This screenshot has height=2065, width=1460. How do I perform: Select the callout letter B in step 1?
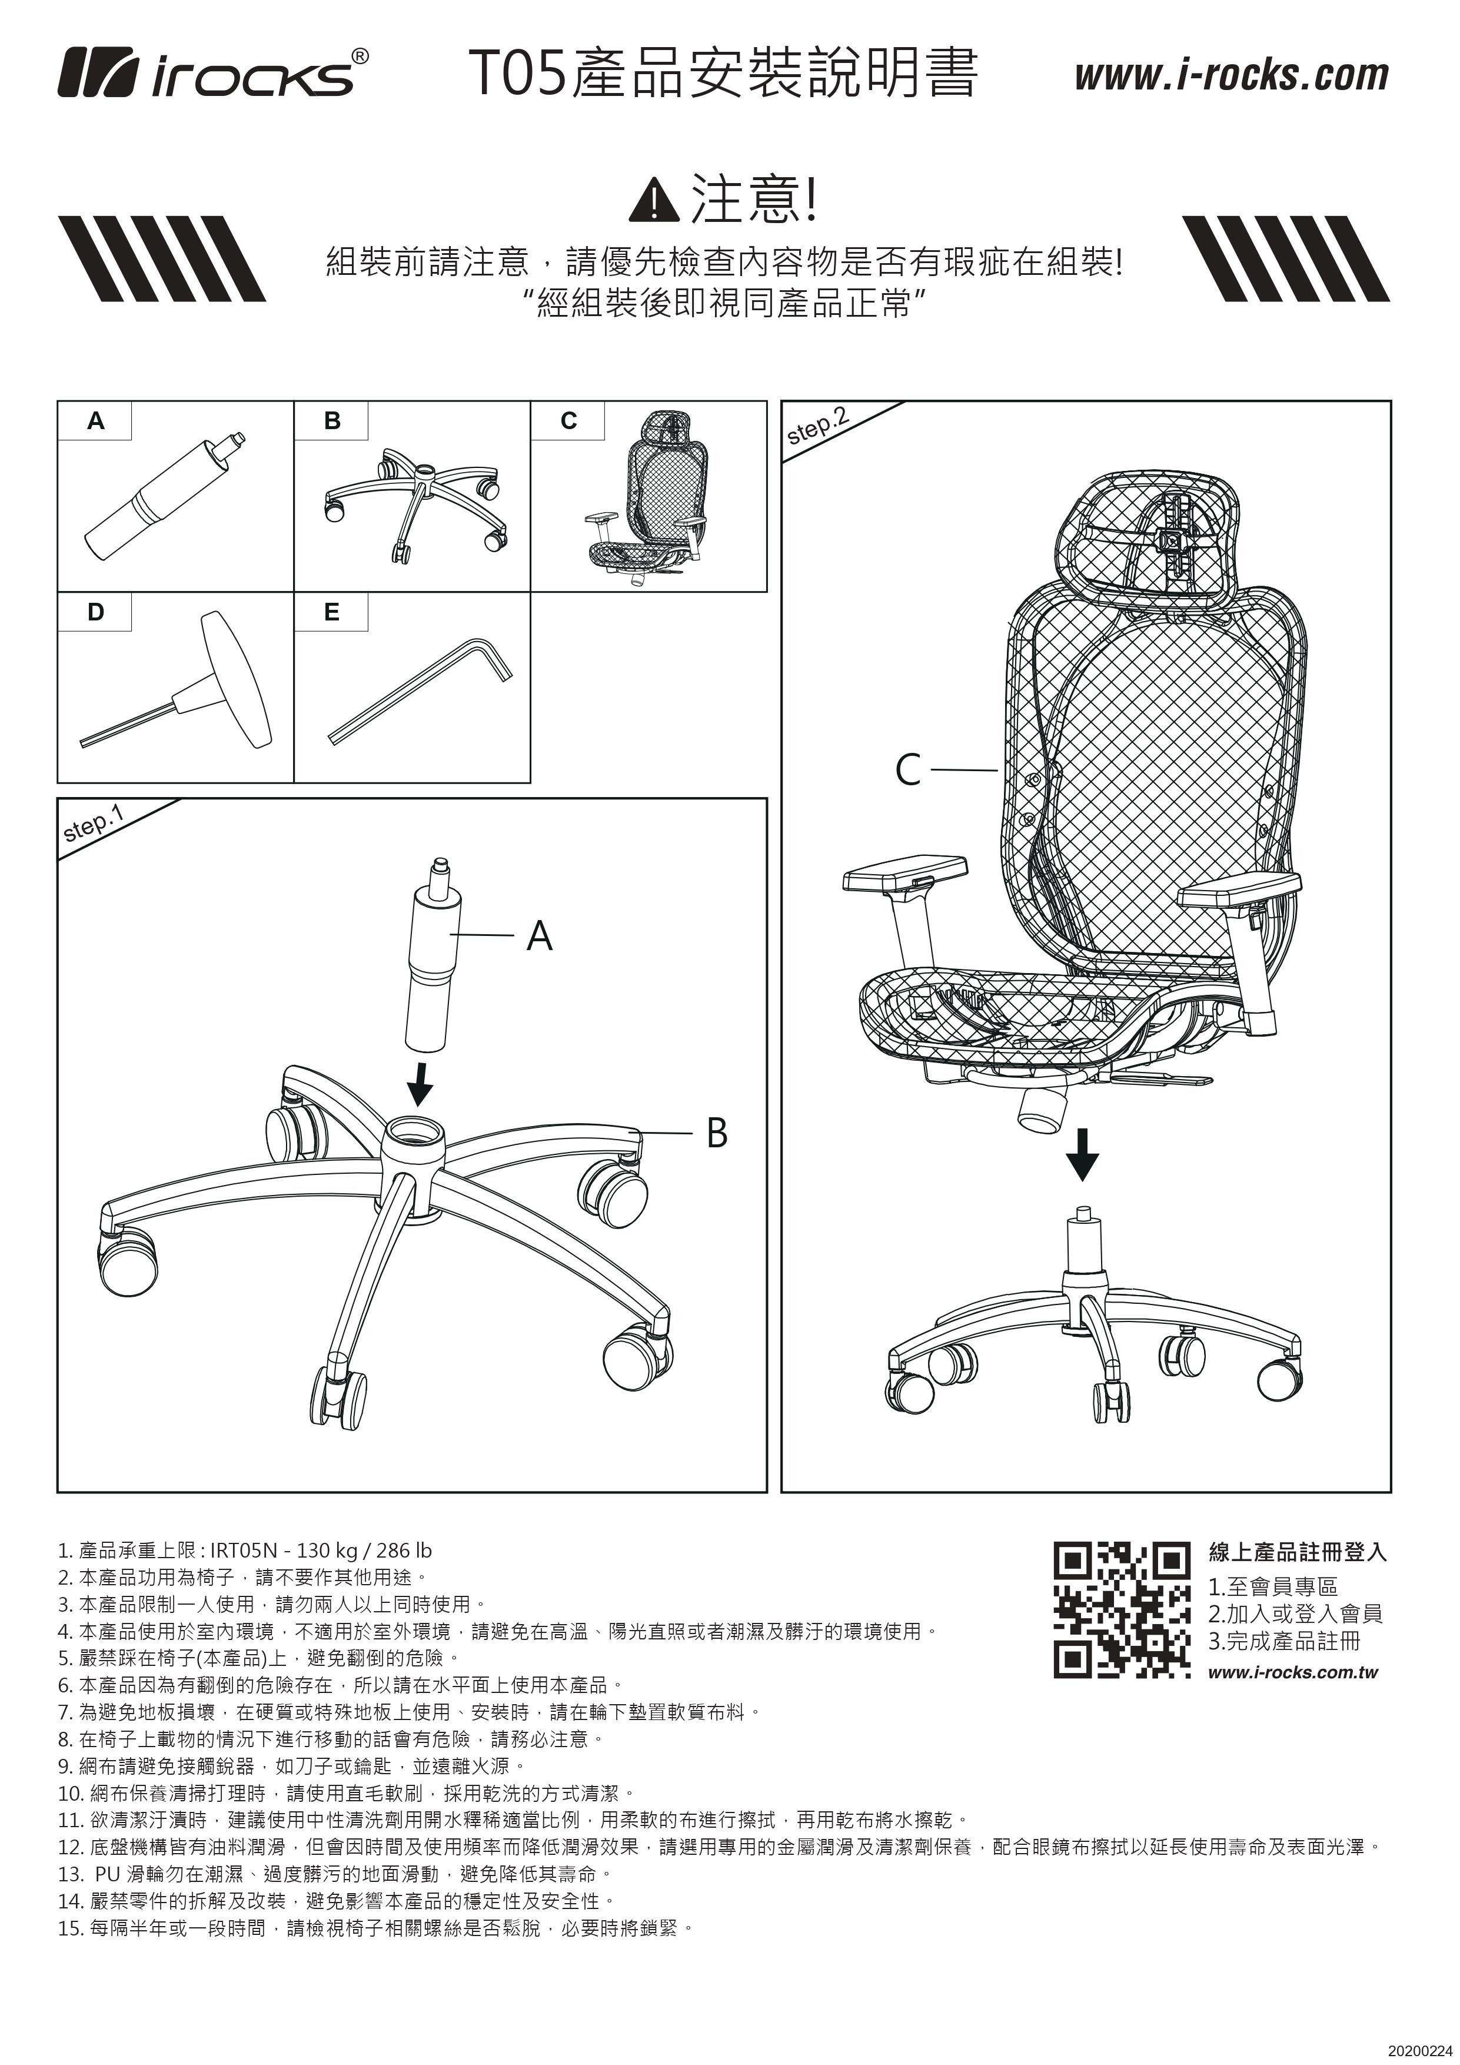pos(717,1133)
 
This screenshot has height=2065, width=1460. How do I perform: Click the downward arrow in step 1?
pos(420,1084)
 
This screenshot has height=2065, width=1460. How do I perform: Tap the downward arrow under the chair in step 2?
pos(1082,1154)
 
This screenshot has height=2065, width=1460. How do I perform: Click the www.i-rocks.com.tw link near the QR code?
pos(1292,1673)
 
